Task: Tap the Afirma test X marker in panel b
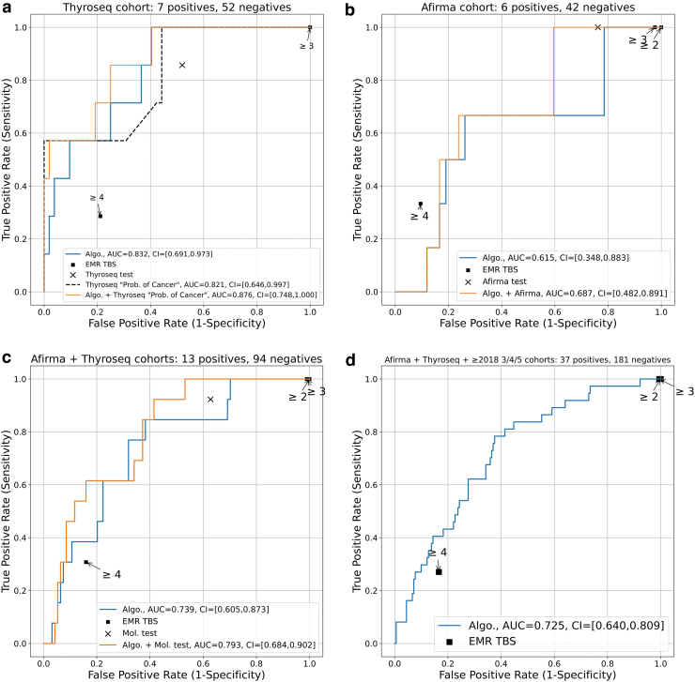pyautogui.click(x=597, y=27)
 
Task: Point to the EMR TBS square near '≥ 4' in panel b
pyautogui.click(x=421, y=204)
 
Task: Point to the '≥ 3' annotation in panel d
pyautogui.click(x=685, y=390)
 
